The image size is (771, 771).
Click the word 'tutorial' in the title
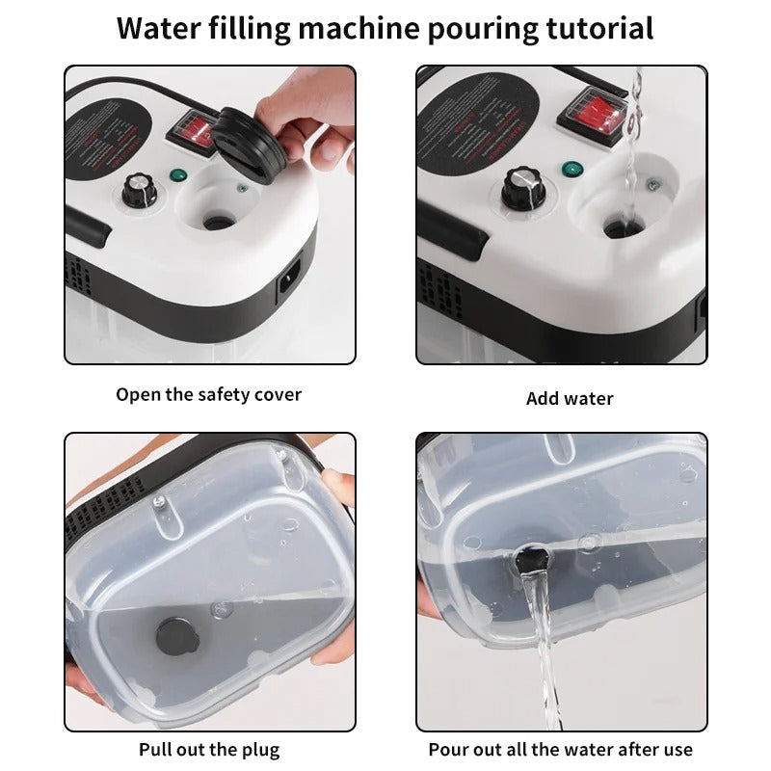[597, 28]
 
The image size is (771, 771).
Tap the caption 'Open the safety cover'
[209, 394]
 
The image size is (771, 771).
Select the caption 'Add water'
[570, 398]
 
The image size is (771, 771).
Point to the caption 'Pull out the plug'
[209, 749]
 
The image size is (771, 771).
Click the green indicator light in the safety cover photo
[177, 175]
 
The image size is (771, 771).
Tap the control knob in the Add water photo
[521, 184]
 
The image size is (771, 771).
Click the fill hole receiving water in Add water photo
[618, 229]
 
